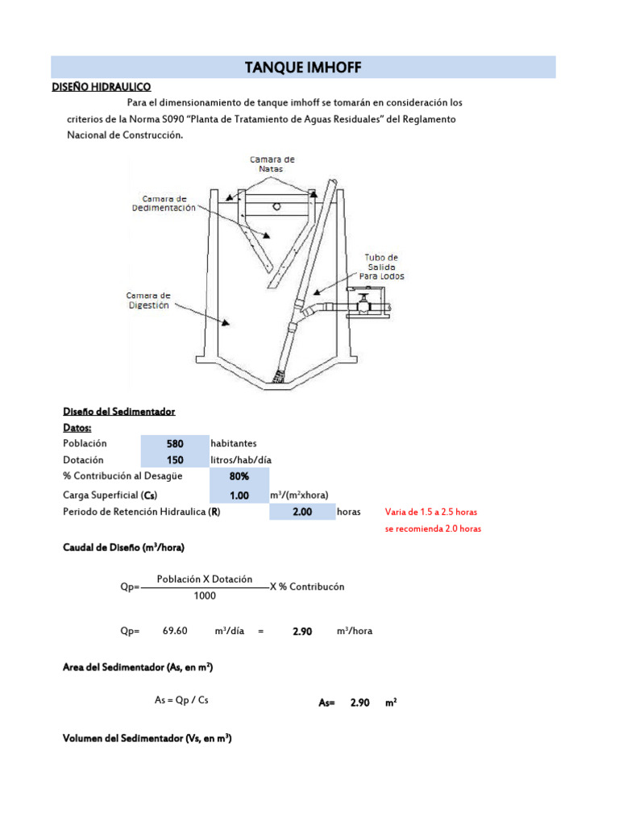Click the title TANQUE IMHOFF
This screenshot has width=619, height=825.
click(x=303, y=68)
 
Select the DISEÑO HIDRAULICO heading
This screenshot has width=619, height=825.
click(x=101, y=87)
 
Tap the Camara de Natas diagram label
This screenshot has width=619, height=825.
click(x=272, y=164)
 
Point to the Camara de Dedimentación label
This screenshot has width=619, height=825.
click(x=164, y=203)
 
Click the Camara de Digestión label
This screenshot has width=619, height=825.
click(x=147, y=301)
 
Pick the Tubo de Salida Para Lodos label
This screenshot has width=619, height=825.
click(x=381, y=267)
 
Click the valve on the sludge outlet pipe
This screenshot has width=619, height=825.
click(x=364, y=304)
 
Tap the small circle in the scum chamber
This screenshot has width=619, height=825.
click(x=276, y=206)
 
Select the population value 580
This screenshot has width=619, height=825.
click(x=174, y=444)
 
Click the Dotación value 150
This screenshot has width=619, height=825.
click(x=174, y=460)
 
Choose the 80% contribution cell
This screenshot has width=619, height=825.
click(x=239, y=476)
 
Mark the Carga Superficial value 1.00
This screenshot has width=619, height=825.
click(x=239, y=495)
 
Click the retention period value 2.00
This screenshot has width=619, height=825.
click(x=302, y=512)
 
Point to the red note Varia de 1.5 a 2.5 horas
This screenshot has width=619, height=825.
click(x=431, y=512)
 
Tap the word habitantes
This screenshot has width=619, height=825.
click(x=234, y=443)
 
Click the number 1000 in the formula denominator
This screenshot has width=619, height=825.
click(x=205, y=595)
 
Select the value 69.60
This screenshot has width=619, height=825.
click(x=175, y=632)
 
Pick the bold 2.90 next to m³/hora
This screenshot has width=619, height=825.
click(x=301, y=632)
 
